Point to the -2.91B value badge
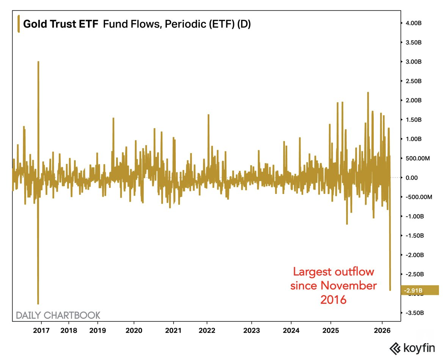tap(419, 290)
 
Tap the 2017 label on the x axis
tap(41, 330)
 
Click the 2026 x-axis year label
tap(382, 330)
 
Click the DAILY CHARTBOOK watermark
tap(58, 315)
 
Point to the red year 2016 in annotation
tap(334, 300)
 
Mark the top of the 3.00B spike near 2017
tap(38, 61)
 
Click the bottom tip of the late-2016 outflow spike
tap(38, 304)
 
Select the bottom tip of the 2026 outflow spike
tap(390, 290)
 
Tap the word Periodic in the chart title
tap(174, 24)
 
